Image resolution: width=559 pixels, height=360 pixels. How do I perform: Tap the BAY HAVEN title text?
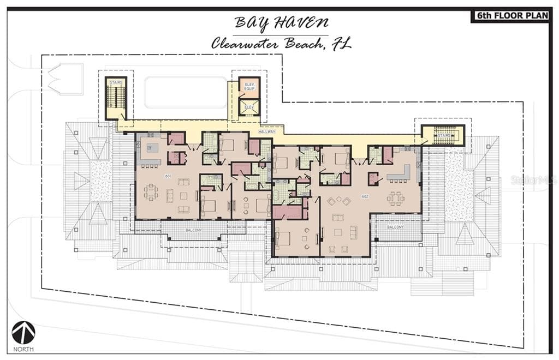[282, 23]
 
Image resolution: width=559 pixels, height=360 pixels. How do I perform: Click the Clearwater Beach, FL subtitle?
[281, 44]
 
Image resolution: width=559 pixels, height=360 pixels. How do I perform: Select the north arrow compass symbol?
[23, 332]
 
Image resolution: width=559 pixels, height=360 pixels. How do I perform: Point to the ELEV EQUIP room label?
[249, 87]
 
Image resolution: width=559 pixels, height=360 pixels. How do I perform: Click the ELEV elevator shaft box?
[249, 107]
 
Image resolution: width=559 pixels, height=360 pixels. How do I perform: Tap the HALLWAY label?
[267, 131]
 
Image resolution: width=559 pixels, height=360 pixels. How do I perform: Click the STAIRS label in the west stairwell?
[116, 82]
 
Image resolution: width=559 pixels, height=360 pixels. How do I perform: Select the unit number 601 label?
[168, 176]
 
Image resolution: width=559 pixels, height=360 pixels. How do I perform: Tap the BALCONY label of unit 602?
[395, 227]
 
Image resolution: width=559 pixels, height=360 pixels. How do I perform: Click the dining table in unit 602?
[396, 198]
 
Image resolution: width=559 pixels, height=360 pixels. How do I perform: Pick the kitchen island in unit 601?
[151, 147]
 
